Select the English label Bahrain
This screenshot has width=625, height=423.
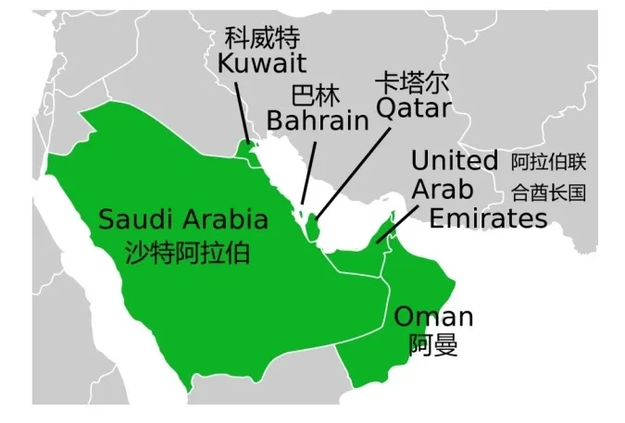coord(317,121)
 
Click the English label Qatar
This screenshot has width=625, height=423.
coord(413,109)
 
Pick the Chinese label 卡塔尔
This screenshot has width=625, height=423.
coord(412,82)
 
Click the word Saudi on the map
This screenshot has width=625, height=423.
coord(135,220)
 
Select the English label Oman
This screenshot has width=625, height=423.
coord(433,317)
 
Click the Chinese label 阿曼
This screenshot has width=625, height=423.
coord(433,345)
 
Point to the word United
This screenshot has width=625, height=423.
coord(454,161)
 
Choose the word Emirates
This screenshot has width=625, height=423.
coord(489,219)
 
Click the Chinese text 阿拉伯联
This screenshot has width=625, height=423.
coord(549,163)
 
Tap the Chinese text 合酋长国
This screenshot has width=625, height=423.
coord(549,193)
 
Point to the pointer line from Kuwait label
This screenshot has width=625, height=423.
coord(242,111)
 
